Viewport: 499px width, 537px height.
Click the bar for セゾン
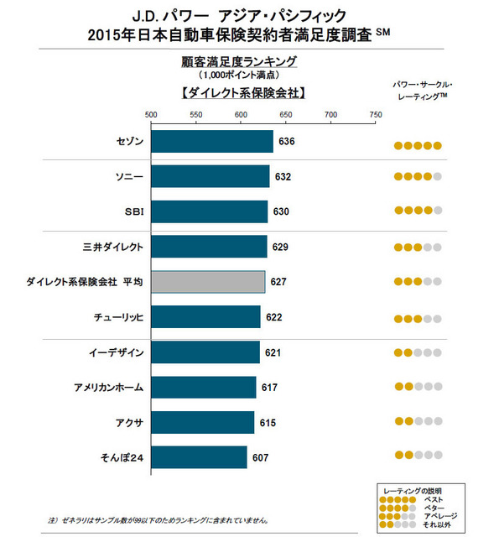pos(212,141)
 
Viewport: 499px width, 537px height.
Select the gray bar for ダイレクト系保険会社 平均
pos(208,282)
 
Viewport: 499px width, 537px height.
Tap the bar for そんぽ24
pos(199,458)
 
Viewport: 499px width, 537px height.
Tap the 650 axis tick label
pos(285,115)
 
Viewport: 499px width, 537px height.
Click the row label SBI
pos(133,211)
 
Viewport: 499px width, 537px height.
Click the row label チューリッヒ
pos(118,317)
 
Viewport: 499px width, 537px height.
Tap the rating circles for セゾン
pos(418,146)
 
